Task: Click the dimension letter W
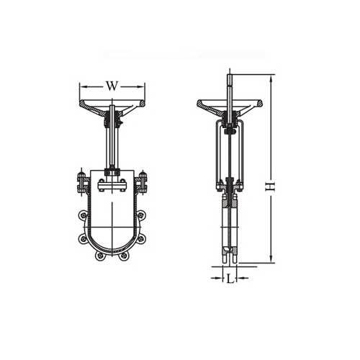[x=112, y=86]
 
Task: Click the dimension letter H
[x=269, y=185]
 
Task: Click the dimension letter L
[x=229, y=276]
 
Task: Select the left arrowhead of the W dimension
[x=81, y=86]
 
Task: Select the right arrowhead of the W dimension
[x=143, y=86]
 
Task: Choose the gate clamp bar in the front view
[x=112, y=186]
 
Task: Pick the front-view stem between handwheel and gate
[x=112, y=144]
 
